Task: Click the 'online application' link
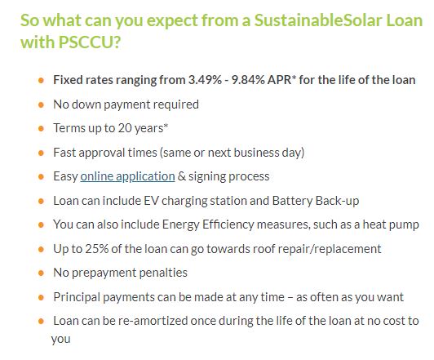[127, 176]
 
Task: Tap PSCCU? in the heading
[90, 42]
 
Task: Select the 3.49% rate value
[205, 80]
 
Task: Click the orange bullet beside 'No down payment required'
[42, 105]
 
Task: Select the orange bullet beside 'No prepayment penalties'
[42, 273]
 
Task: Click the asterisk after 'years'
[166, 126]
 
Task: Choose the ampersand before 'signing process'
[182, 176]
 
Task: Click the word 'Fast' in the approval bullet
[64, 153]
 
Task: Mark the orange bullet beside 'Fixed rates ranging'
[42, 81]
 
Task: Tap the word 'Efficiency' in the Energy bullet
[228, 224]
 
